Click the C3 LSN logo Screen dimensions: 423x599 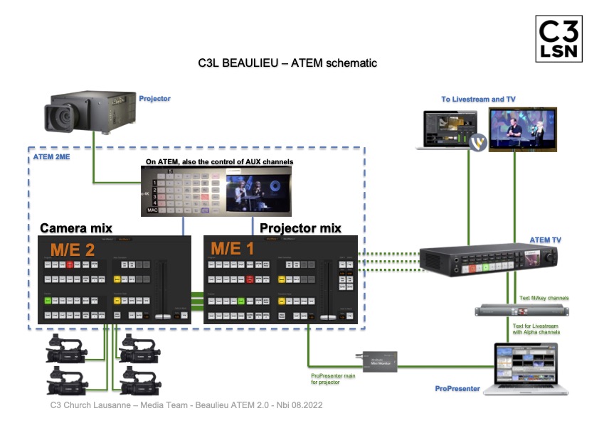(x=558, y=40)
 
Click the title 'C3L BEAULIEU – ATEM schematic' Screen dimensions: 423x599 (x=287, y=63)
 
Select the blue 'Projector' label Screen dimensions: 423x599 (x=155, y=99)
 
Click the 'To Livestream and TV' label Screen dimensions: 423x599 (x=478, y=100)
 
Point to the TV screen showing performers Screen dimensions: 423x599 (x=522, y=128)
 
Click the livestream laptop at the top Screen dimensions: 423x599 (x=445, y=129)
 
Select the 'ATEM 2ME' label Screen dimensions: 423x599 (x=52, y=154)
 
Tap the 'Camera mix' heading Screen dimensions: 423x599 (x=76, y=228)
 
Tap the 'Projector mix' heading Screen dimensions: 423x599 (x=300, y=228)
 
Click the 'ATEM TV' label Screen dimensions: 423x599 (x=545, y=240)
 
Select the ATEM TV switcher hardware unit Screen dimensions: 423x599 (x=484, y=260)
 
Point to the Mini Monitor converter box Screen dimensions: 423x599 (x=376, y=360)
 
